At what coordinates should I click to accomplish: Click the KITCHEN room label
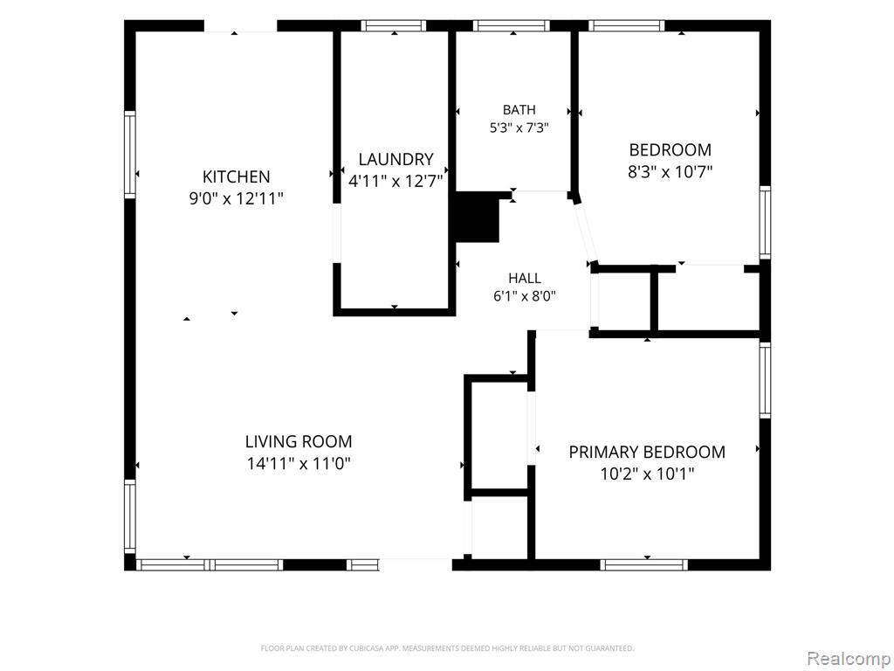(x=236, y=176)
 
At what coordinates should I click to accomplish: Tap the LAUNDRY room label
(x=395, y=159)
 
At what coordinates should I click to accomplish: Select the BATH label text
(x=519, y=109)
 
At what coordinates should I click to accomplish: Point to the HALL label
(x=525, y=278)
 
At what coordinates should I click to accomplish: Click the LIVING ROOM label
(x=299, y=441)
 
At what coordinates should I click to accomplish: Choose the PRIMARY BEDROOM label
(x=647, y=452)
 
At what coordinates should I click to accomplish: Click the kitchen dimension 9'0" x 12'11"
(x=236, y=198)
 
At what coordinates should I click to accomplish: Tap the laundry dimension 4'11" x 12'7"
(x=395, y=181)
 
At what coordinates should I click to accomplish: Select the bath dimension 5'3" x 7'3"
(x=519, y=128)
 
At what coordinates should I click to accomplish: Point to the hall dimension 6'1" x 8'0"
(x=525, y=295)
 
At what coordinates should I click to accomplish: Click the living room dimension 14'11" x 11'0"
(x=299, y=463)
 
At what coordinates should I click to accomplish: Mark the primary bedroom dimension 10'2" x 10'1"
(x=647, y=474)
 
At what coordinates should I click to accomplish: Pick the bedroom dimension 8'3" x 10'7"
(x=670, y=171)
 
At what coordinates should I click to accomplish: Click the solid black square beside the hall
(x=478, y=218)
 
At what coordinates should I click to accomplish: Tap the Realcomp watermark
(x=849, y=659)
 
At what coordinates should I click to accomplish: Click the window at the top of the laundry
(x=394, y=25)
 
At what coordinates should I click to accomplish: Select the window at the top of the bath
(x=512, y=25)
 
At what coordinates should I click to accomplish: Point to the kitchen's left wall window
(x=130, y=155)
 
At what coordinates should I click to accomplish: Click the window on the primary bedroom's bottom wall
(x=643, y=565)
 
